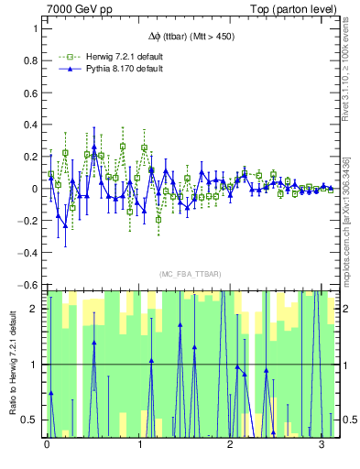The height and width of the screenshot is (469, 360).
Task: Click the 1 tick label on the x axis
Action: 138,445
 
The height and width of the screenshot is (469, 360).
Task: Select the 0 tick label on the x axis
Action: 47,445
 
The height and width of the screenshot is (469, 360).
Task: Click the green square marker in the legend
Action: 67,57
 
